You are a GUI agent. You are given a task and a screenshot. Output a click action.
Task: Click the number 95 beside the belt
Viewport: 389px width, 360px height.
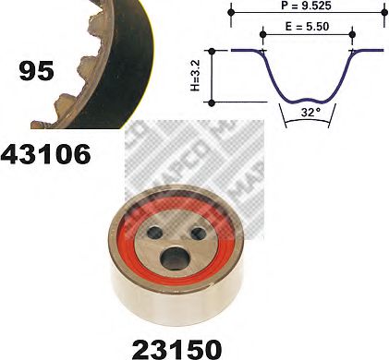click(36, 71)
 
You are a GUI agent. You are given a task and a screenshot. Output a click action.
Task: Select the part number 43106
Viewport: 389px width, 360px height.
click(45, 154)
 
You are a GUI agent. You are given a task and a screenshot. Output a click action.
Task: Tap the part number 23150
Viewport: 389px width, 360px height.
click(176, 349)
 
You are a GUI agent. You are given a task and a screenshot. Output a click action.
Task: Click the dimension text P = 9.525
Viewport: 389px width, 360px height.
click(306, 6)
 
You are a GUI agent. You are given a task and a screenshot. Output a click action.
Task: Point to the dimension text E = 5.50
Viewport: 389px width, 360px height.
click(307, 27)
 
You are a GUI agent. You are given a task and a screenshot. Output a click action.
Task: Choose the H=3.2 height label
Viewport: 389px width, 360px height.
click(195, 76)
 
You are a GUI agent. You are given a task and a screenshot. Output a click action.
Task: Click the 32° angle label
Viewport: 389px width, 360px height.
click(309, 113)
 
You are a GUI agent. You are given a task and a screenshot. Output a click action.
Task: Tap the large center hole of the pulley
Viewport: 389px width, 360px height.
click(175, 258)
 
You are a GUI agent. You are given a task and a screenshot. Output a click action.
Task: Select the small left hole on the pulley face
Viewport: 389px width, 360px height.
click(155, 234)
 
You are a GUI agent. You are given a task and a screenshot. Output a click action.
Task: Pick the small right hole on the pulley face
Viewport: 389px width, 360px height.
click(199, 234)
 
